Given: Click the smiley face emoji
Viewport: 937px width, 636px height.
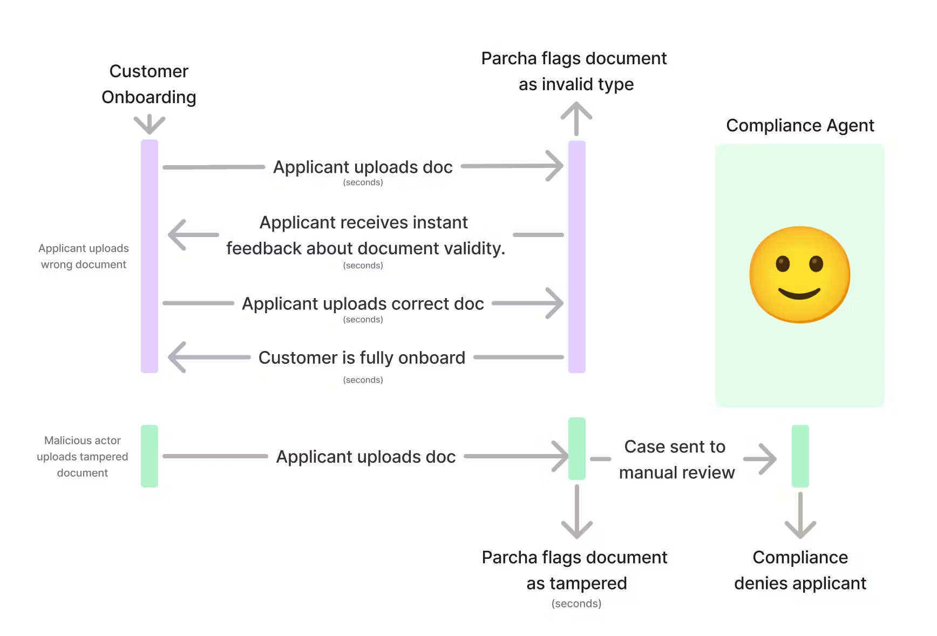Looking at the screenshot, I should [799, 274].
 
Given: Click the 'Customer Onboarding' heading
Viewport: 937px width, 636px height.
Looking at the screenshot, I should [149, 84].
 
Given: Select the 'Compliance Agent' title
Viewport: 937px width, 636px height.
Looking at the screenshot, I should [799, 125].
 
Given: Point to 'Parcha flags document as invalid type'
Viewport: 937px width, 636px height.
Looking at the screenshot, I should [574, 71].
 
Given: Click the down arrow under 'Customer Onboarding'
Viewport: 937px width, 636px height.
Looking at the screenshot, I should [150, 124].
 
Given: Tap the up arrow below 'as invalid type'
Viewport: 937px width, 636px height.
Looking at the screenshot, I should [576, 119].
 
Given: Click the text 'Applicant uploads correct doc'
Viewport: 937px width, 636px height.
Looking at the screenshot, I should [363, 303].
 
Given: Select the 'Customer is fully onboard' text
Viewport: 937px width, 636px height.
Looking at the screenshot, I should [362, 357].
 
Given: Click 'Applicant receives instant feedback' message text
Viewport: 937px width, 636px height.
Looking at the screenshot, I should [365, 235].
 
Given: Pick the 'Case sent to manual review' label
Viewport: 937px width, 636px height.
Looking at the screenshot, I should [676, 459].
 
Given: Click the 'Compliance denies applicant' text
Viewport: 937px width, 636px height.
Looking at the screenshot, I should [800, 570].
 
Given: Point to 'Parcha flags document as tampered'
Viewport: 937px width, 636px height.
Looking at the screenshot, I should [575, 570].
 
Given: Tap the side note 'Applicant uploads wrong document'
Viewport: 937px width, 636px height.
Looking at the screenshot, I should [84, 256].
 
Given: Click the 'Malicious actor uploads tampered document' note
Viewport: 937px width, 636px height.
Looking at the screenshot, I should [83, 457].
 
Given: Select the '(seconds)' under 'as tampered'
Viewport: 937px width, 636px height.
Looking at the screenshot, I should [576, 604].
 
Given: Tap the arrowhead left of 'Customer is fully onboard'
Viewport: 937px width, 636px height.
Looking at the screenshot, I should [178, 357].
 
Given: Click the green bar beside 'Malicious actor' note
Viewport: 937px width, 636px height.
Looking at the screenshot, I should [150, 456].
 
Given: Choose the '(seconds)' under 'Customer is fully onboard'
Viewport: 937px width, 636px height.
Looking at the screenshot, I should [363, 380].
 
